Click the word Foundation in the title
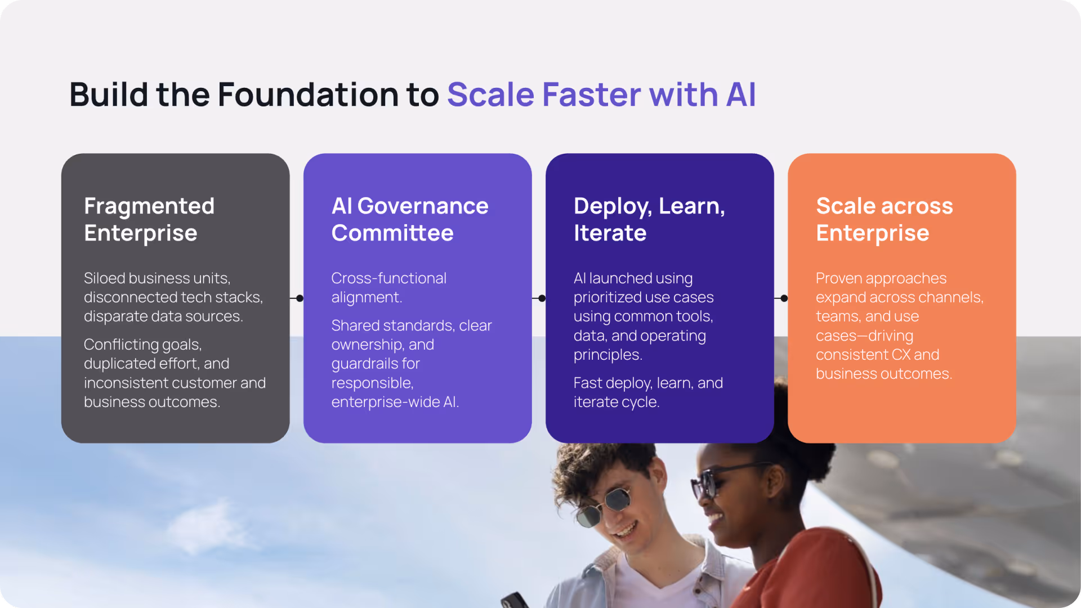pos(309,94)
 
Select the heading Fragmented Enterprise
pos(149,220)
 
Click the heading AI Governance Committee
pos(410,220)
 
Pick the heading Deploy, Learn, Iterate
pos(649,220)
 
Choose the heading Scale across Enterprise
pos(885,220)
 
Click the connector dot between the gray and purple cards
pos(300,298)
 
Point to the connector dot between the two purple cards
pos(542,298)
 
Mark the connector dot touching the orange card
pos(784,298)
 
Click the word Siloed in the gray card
pos(105,278)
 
